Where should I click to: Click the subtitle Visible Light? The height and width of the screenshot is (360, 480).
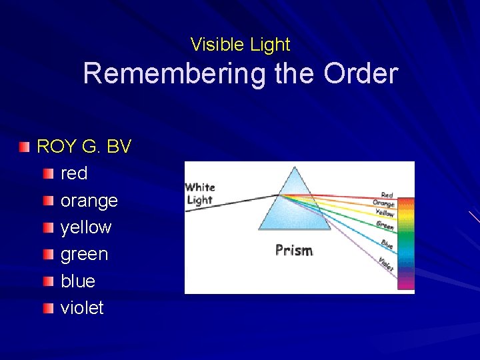point(240,45)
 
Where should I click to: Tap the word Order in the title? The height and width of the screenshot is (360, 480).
point(361,73)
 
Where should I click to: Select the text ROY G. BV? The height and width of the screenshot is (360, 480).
point(84,147)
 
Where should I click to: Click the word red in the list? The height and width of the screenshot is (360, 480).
point(74,173)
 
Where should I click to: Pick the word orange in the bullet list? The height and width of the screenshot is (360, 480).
point(89,201)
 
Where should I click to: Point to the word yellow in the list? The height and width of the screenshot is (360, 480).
point(86,227)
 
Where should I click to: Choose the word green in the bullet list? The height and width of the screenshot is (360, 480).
point(84,254)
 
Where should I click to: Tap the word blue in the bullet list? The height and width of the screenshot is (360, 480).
point(78,281)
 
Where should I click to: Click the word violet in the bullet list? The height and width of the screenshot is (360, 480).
point(82,308)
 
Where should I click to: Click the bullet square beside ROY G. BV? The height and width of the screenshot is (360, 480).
point(25,147)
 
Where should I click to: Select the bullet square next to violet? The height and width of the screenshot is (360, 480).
point(49,308)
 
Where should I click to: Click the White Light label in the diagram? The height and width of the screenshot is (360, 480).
point(199,193)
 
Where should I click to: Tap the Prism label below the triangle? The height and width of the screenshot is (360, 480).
point(294,251)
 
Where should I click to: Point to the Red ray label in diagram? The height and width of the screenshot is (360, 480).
point(387,195)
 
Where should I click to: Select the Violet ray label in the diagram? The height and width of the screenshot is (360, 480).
point(386,264)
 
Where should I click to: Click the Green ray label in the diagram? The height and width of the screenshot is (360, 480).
point(385,225)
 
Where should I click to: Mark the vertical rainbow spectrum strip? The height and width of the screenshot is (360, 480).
point(405,243)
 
